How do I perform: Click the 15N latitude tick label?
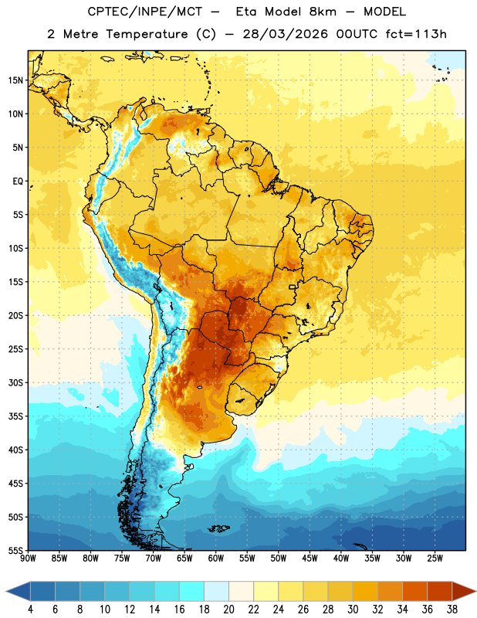click(15, 80)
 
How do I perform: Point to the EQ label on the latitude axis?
click(18, 182)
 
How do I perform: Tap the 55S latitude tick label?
click(15, 550)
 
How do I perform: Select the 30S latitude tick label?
click(15, 382)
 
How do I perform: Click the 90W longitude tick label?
click(28, 558)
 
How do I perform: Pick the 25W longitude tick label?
click(435, 558)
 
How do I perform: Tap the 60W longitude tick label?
click(216, 558)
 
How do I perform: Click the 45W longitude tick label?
click(310, 558)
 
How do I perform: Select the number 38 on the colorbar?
click(452, 610)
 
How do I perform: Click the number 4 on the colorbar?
click(30, 610)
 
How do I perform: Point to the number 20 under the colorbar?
click(228, 610)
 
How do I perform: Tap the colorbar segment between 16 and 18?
click(192, 591)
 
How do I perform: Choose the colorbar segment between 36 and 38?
click(440, 591)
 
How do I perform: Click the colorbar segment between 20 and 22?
click(242, 591)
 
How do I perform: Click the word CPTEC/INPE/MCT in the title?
click(145, 12)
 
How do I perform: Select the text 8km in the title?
click(323, 12)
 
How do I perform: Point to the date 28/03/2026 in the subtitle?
click(286, 34)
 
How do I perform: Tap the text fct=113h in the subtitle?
click(416, 34)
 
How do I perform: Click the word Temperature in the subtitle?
click(147, 34)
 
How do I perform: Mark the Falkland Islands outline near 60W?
click(218, 528)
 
